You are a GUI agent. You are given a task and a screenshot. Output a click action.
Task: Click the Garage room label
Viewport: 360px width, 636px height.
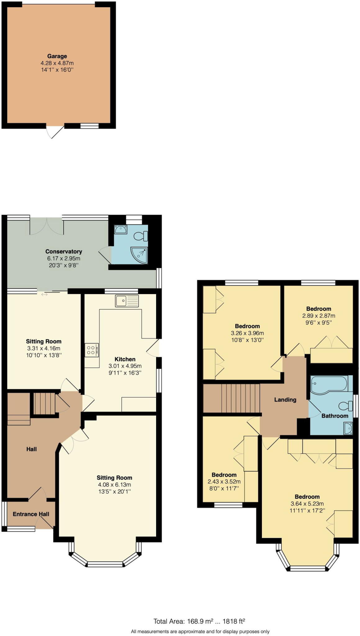coord(57,56)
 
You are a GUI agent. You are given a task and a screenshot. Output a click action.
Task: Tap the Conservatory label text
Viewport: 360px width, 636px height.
coord(64,252)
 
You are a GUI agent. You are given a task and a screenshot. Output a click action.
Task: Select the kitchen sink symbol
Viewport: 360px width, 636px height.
coord(127,301)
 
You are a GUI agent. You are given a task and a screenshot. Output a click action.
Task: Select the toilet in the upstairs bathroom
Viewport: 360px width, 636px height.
coord(346,406)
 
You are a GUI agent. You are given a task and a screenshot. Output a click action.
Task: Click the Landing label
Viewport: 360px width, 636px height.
coord(285,400)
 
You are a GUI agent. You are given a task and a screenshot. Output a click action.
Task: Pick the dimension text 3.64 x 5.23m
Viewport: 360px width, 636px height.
coord(307,504)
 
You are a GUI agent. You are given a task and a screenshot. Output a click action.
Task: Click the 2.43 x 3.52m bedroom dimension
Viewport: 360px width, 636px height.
coord(224,482)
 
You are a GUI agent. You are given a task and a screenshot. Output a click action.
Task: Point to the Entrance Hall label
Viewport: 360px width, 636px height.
coord(31,514)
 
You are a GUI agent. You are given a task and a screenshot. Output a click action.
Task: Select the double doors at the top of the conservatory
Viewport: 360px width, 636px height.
coord(47,226)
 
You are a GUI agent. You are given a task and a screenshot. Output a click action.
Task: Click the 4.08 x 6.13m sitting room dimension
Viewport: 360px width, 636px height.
coord(114,484)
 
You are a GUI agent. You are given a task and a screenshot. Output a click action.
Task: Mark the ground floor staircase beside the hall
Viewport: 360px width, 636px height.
coord(44,403)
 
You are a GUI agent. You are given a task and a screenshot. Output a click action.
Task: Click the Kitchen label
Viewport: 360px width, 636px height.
coord(125,359)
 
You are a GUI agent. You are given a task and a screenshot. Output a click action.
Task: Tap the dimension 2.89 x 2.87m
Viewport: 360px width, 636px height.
coord(318,316)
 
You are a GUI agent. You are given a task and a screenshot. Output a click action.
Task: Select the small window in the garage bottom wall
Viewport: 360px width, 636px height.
coord(89,126)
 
